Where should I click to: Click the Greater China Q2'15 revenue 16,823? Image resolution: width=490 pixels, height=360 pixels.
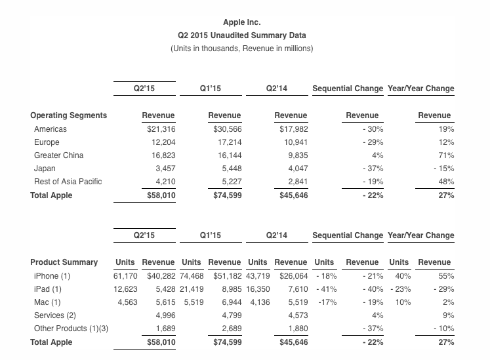pos(163,155)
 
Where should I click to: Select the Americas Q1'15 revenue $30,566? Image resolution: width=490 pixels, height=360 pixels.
pos(224,129)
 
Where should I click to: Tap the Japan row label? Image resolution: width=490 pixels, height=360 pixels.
pos(45,169)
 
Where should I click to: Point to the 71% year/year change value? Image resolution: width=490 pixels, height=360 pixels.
pos(447,155)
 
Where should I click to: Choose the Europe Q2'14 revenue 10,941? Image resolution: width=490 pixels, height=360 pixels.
pos(293,142)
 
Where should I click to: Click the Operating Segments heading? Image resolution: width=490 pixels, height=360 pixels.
pos(68,115)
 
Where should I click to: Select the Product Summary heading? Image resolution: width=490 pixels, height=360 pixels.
pos(64,262)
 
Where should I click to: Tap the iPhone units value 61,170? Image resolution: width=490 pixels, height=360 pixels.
pos(125,276)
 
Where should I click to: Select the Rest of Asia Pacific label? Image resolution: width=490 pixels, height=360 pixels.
pos(68,182)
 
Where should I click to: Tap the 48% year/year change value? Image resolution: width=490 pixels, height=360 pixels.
pos(447,182)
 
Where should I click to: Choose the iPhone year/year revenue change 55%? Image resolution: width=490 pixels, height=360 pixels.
pos(447,276)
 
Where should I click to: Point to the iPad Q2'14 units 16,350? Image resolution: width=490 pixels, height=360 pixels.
pos(258,289)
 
